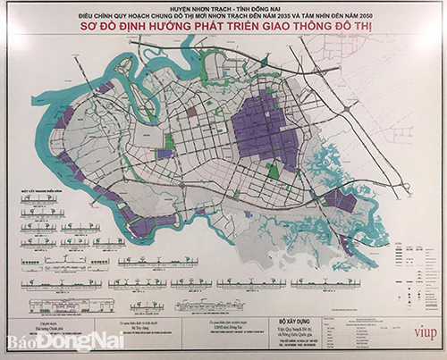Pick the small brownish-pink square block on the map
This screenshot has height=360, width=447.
[x=191, y=113]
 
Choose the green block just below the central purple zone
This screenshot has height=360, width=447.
[x=273, y=170]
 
